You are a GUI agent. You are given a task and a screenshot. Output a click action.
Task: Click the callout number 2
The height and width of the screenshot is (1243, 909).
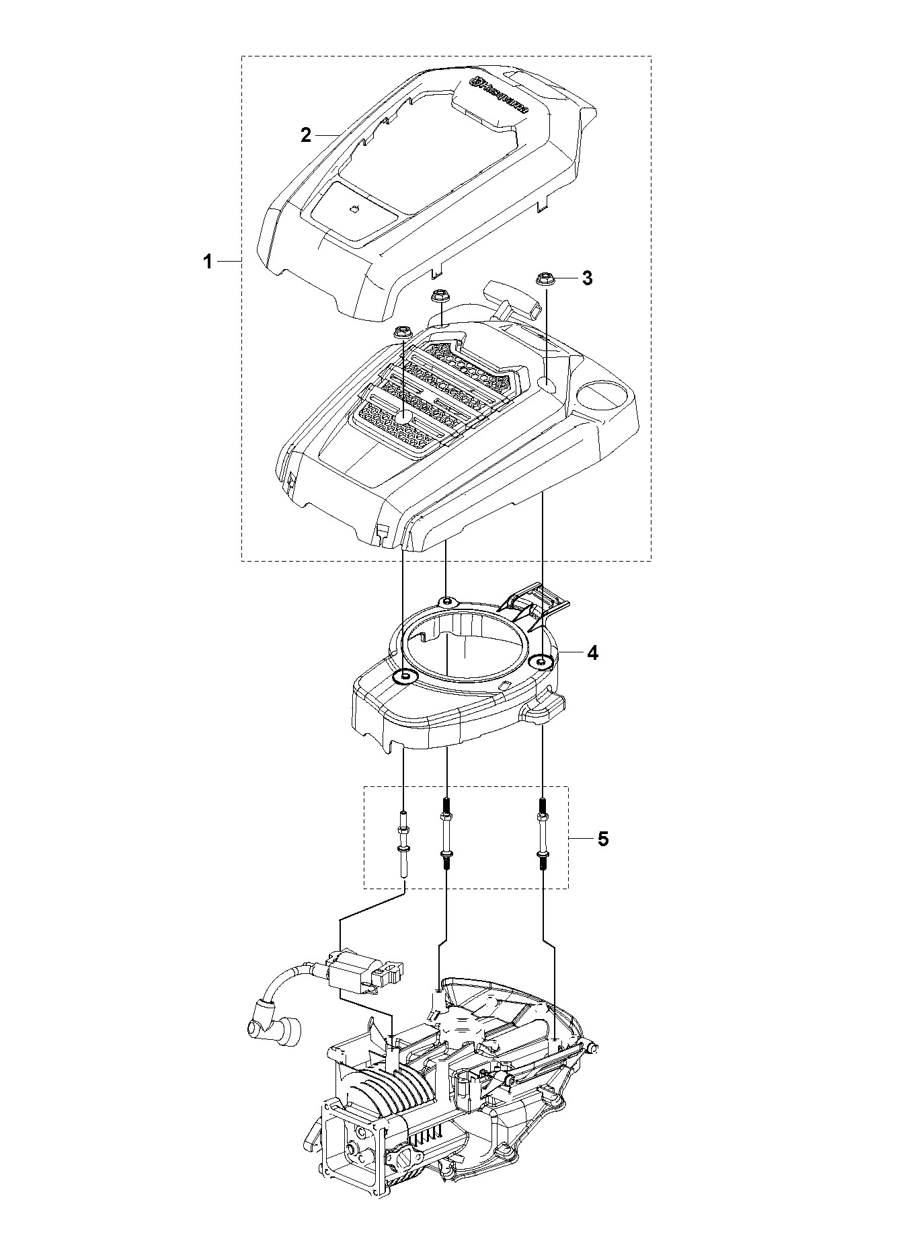[306, 135]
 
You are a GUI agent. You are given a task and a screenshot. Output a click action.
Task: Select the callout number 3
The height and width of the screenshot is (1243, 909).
[587, 278]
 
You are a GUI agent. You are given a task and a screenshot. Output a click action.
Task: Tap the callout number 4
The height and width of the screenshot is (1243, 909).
[592, 652]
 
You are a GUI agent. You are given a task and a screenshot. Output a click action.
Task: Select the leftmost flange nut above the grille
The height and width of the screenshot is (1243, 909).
[403, 332]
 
